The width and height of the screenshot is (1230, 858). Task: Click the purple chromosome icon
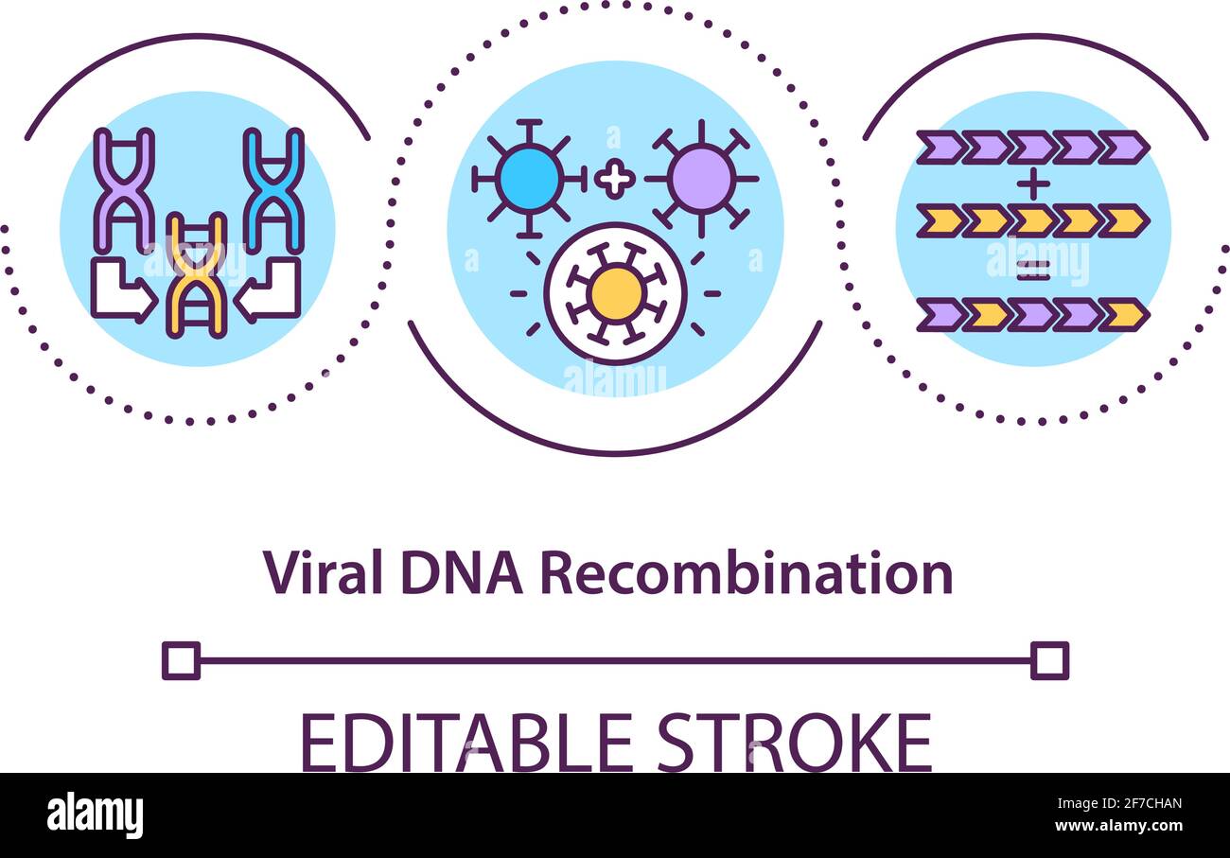[124, 189]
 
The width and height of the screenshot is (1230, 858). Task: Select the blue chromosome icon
[273, 189]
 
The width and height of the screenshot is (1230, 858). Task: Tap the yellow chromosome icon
[196, 275]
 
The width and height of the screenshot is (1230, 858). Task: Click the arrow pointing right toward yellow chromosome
[123, 292]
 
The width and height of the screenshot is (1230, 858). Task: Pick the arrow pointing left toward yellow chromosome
[269, 292]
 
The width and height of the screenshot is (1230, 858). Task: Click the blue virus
[529, 178]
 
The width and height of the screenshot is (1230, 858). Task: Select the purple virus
[700, 178]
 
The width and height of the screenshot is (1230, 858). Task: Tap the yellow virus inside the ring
[616, 293]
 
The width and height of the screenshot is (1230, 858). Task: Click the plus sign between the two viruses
[615, 179]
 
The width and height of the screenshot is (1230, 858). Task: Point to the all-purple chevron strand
[1032, 148]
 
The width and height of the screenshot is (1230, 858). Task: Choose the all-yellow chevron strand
[1032, 220]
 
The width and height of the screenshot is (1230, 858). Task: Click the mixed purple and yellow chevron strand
[1032, 314]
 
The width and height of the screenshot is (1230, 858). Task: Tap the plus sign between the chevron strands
[1032, 184]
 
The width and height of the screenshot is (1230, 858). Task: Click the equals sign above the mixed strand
[1032, 271]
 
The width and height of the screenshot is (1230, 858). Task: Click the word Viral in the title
[322, 573]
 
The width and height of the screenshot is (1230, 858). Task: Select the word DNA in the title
[462, 573]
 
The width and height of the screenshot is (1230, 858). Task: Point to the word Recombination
[746, 573]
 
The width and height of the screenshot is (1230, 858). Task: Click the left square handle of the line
[181, 660]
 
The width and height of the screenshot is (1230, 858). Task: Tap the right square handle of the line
[1049, 660]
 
